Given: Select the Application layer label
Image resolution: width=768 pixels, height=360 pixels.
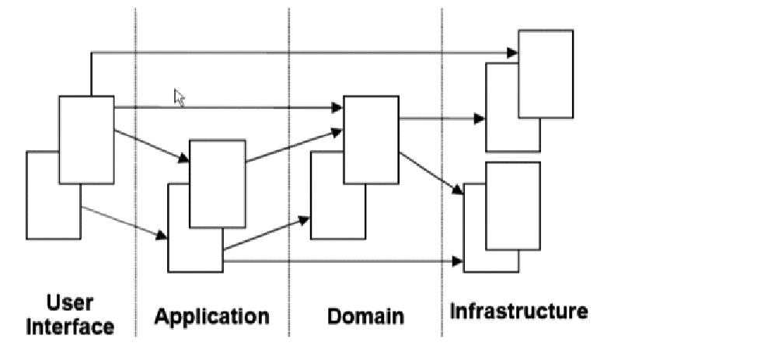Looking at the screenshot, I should click(211, 316).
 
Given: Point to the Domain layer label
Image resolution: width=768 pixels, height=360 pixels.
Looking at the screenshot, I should click(365, 316).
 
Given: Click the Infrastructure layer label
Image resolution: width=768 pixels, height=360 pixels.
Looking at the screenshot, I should click(518, 312).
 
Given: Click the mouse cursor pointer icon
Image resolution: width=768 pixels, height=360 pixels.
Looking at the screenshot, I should click(179, 98).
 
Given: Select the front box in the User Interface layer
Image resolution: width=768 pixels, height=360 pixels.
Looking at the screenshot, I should click(86, 140).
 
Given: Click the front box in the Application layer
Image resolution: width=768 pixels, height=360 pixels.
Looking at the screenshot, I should click(218, 183).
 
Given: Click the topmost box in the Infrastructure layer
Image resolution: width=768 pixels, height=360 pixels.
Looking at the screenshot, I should click(545, 74).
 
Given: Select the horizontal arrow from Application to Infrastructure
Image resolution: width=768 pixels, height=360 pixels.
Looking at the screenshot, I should click(342, 263).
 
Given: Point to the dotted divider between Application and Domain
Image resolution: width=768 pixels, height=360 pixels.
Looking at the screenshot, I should click(289, 194).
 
